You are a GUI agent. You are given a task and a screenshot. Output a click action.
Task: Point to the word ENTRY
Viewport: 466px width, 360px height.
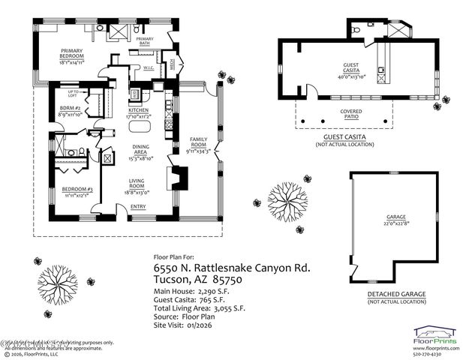click(x=139, y=208)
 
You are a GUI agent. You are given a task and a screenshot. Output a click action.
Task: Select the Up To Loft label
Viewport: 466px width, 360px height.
click(x=72, y=93)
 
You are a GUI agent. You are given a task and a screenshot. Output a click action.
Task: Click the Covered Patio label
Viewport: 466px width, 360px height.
click(x=345, y=112)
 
